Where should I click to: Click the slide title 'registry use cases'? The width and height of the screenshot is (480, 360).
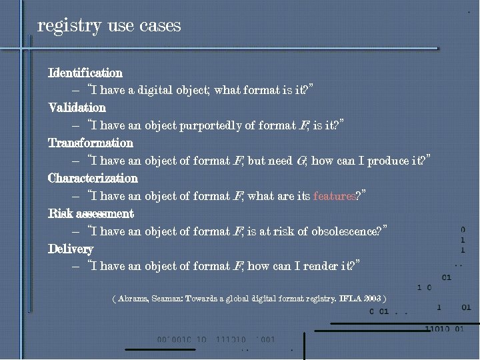click(x=109, y=26)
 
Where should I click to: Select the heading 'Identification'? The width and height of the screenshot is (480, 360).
click(x=85, y=72)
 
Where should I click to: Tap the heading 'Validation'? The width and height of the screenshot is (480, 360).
click(x=77, y=107)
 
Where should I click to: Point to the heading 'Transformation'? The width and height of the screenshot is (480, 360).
click(x=91, y=143)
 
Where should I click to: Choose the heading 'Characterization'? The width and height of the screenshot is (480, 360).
click(x=93, y=178)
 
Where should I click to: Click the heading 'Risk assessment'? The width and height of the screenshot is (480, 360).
click(x=91, y=213)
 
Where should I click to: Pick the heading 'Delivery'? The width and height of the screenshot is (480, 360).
click(x=71, y=249)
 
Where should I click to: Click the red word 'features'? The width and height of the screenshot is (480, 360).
click(x=334, y=196)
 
